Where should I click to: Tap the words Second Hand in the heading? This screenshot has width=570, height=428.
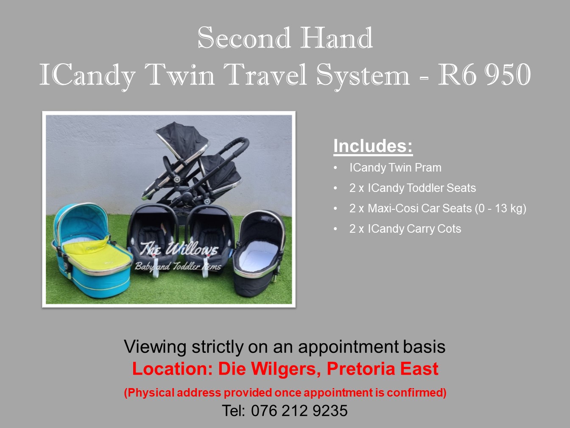coord(285,38)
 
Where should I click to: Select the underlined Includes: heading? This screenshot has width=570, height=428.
coord(373,146)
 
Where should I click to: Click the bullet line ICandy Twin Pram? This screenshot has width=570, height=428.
coord(395,168)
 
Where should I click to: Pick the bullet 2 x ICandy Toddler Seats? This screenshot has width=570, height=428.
coord(412,188)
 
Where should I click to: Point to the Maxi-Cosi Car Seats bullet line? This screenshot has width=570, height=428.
coord(438,208)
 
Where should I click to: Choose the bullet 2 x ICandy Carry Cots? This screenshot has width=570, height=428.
coord(405,229)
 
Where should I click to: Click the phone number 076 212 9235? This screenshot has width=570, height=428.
coord(299,410)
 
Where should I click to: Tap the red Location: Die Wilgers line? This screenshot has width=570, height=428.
coord(285,369)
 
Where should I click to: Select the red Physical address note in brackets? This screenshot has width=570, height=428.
coord(285,392)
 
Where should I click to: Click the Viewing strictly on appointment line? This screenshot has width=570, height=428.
coord(285,346)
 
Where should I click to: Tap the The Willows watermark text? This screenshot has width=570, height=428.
coord(179,249)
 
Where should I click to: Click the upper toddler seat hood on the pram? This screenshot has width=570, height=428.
coord(182,135)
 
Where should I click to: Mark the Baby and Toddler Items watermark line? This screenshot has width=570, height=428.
coord(178,266)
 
